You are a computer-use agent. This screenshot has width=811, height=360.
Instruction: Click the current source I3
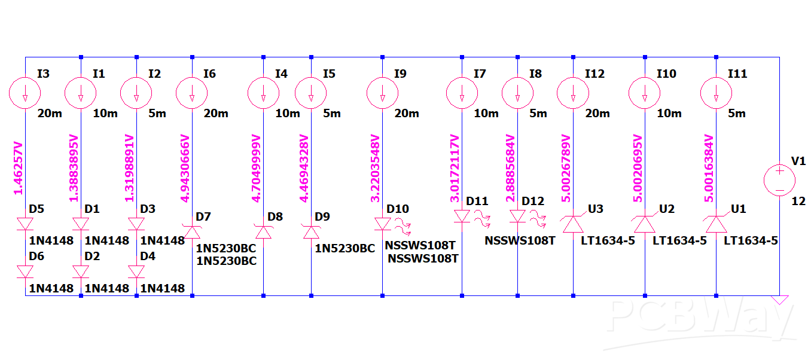click(x=25, y=93)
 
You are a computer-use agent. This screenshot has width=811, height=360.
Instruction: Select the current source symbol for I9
click(x=382, y=93)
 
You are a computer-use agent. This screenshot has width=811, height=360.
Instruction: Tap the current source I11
click(x=716, y=93)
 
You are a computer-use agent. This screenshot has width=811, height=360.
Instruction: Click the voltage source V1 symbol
click(x=779, y=181)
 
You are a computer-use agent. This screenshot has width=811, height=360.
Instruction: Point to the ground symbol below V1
click(x=779, y=300)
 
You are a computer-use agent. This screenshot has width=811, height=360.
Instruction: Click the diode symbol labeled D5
click(x=25, y=224)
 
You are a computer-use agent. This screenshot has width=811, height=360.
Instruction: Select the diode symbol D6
click(x=25, y=271)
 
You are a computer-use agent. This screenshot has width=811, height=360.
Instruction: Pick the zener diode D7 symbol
click(x=192, y=232)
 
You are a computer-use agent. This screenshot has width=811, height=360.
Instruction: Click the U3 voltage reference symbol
click(x=573, y=224)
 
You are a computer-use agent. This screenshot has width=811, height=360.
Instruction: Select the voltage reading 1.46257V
click(x=18, y=168)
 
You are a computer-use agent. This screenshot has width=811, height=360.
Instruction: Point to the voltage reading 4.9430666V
click(x=185, y=169)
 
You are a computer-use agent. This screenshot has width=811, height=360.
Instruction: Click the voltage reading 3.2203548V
click(x=375, y=169)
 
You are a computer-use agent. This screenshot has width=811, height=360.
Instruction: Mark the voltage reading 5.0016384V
click(x=709, y=169)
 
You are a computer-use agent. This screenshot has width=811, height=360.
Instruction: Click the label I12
click(x=594, y=74)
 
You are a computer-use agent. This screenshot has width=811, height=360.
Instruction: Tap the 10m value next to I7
click(x=486, y=114)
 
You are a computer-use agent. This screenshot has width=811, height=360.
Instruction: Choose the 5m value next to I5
click(x=332, y=114)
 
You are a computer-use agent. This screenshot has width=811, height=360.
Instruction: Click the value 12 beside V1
click(x=798, y=201)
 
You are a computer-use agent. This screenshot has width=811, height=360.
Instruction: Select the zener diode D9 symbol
click(x=311, y=232)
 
